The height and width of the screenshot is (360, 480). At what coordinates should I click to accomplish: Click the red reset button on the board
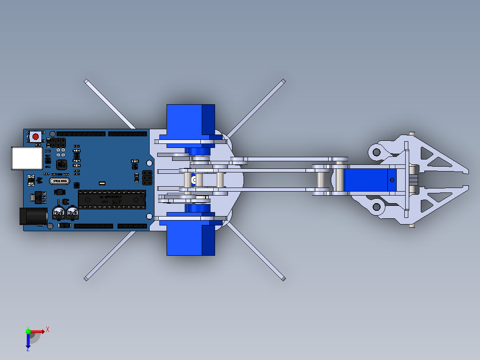tap(36, 136)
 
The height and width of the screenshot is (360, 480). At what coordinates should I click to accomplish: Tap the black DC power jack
tap(34, 217)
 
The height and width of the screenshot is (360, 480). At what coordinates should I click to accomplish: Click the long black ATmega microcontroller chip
tap(112, 198)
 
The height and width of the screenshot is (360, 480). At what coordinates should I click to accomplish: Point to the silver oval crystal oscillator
tap(60, 181)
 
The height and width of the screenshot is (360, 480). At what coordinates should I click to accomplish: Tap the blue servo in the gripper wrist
tap(369, 180)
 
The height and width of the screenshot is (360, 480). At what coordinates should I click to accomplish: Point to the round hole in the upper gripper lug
tap(376, 152)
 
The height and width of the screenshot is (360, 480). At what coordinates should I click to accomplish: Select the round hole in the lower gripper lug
tap(376, 206)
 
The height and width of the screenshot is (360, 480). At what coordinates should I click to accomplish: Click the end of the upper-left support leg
tap(86, 82)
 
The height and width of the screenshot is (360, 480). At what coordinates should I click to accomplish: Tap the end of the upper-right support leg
tap(283, 82)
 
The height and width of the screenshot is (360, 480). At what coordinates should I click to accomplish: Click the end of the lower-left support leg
tap(86, 278)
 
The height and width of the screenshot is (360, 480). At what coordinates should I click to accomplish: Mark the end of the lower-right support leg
tap(283, 278)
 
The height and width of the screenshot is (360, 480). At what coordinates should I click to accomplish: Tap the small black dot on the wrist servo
tap(392, 180)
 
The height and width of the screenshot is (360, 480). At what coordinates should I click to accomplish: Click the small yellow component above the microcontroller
tap(102, 183)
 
